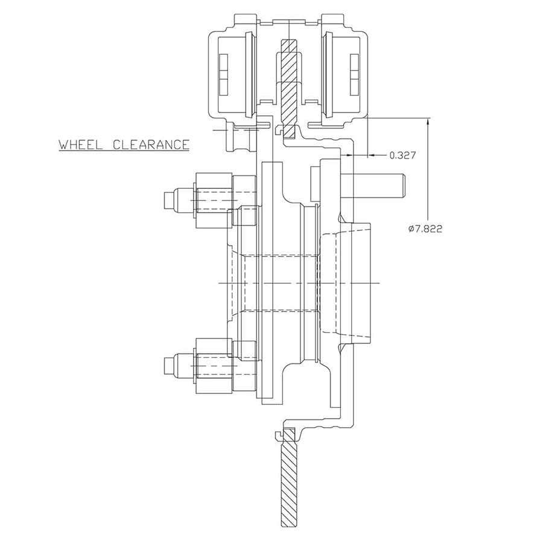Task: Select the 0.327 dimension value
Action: (402, 156)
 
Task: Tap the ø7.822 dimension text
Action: (425, 229)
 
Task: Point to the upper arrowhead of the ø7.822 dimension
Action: (428, 121)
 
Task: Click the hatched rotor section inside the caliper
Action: (289, 84)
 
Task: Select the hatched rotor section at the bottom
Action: (289, 477)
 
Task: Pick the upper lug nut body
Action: (212, 199)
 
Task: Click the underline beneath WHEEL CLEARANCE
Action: (124, 151)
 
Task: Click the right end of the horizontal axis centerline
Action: (378, 283)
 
